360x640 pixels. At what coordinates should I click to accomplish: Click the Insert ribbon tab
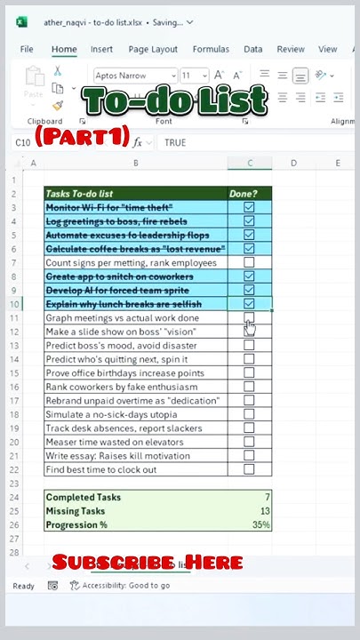pos(101,50)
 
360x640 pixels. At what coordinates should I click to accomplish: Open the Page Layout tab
pos(151,50)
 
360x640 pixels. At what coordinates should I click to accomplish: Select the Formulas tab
pos(211,50)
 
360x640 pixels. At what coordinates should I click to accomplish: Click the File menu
pos(27,50)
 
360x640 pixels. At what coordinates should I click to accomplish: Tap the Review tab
pos(291,50)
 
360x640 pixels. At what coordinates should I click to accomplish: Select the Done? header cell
pos(249,193)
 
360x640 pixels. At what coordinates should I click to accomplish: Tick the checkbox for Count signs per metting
pos(249,262)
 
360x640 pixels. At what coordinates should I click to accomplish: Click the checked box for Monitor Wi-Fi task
pos(249,207)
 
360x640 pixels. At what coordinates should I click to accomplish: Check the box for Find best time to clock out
pos(249,469)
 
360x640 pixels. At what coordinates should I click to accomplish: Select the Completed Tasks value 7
pos(249,497)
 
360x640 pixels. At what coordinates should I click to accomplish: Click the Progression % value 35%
pos(249,524)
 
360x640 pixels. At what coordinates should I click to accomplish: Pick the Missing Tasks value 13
pos(249,511)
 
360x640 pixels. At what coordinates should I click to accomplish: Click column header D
pos(293,163)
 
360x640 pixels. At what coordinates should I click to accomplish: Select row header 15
pos(15,373)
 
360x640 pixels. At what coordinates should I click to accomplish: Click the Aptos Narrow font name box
pos(133,76)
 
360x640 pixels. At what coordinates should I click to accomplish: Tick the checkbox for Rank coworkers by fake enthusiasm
pos(249,387)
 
